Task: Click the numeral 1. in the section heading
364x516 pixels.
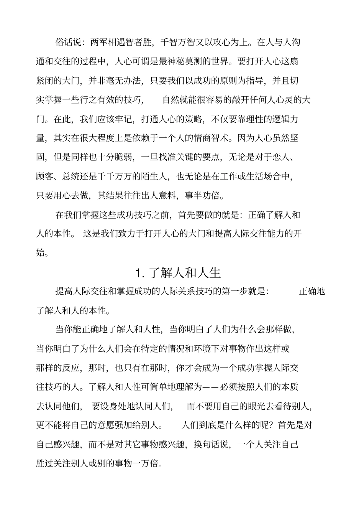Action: [140, 273]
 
